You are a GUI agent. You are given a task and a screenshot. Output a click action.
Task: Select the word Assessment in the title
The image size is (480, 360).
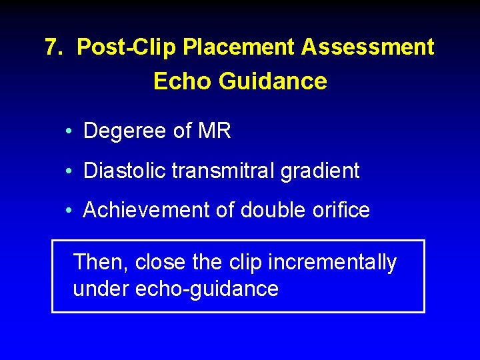coord(368,47)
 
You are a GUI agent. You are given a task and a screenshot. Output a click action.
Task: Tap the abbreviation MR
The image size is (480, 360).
coord(215,131)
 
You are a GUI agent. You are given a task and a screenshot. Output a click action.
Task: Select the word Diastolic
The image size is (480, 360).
coord(125,171)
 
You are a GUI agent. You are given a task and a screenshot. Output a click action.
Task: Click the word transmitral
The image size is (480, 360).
coord(223,171)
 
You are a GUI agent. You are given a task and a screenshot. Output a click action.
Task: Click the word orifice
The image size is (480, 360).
coord(339,210)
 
